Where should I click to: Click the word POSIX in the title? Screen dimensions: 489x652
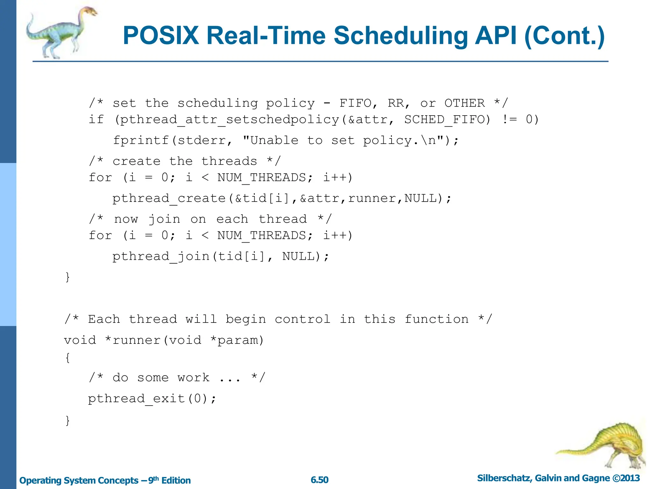[161, 35]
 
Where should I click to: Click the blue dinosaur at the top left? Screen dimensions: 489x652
[60, 32]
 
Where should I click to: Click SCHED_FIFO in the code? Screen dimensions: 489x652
[447, 120]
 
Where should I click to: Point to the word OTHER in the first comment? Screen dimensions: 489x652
[464, 103]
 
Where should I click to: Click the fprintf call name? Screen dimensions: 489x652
[141, 140]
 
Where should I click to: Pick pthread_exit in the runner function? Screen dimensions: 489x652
[136, 399]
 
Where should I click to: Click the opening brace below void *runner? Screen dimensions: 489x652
[67, 358]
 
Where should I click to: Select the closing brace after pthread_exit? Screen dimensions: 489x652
[67, 420]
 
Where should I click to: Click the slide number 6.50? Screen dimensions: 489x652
[319, 480]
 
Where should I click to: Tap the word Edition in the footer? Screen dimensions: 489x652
[176, 480]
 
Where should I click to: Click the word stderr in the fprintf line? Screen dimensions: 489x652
[202, 140]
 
